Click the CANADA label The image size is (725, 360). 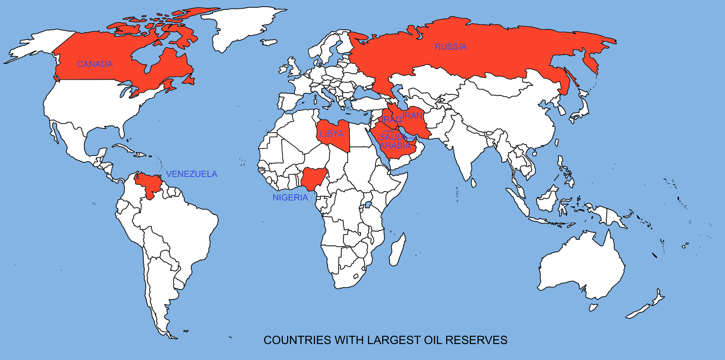tap(95, 64)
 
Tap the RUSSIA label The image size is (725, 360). tap(451, 47)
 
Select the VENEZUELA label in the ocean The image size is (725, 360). tap(191, 174)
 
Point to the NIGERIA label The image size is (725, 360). tap(290, 198)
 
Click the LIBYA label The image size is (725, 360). tap(331, 134)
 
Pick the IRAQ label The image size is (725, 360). tap(391, 120)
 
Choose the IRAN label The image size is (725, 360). tap(413, 116)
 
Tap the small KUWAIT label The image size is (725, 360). tap(390, 131)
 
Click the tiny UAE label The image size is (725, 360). tap(410, 138)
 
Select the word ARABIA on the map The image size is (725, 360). tap(395, 146)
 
